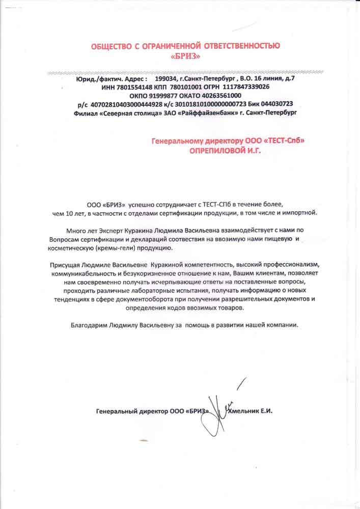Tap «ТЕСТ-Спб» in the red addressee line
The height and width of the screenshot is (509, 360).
click(x=286, y=140)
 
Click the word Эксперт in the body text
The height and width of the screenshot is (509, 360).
click(x=109, y=230)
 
